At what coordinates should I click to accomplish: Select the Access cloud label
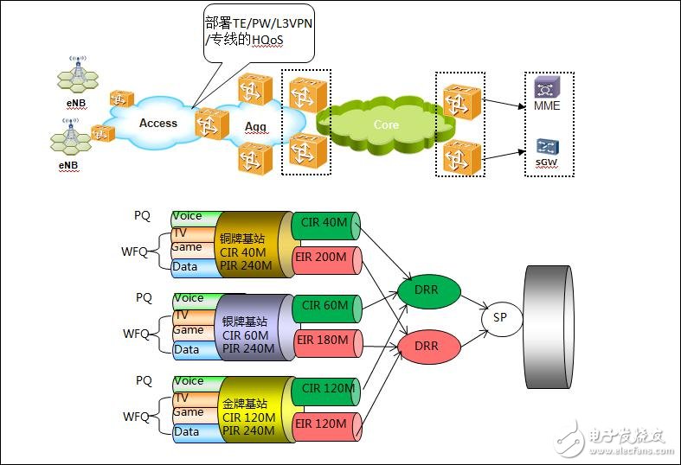(157, 124)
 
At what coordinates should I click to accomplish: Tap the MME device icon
(545, 89)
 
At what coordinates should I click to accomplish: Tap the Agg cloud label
(255, 126)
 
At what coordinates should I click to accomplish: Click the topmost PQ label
(143, 214)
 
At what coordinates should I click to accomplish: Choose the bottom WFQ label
(136, 417)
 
